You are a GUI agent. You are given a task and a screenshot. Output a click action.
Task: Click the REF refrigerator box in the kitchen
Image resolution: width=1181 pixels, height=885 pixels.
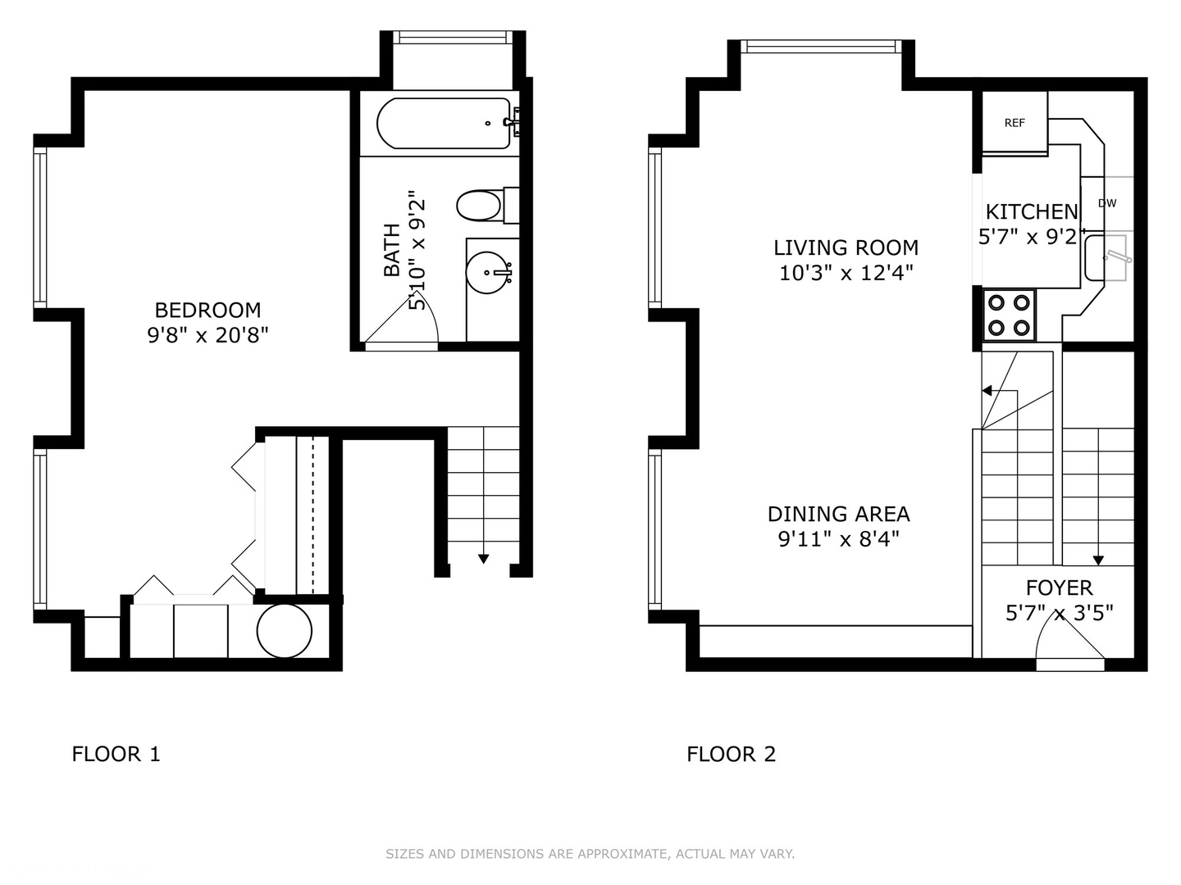click(x=1015, y=122)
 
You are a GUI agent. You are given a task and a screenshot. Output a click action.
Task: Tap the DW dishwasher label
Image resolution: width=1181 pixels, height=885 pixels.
click(x=1106, y=203)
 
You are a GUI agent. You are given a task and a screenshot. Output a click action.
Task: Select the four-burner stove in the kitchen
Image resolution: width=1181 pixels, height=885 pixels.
click(x=1009, y=315)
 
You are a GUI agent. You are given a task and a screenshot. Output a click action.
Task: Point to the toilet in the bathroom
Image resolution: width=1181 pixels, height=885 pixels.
click(x=480, y=206)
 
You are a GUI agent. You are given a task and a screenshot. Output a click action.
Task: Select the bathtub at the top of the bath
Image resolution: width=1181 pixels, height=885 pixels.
click(x=444, y=124)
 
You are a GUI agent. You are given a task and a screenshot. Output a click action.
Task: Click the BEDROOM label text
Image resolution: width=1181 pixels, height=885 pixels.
click(x=207, y=310)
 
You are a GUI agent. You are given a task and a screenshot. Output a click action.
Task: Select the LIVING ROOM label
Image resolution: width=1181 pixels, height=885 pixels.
click(x=846, y=247)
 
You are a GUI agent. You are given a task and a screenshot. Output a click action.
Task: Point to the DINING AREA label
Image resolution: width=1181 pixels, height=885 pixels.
click(x=838, y=514)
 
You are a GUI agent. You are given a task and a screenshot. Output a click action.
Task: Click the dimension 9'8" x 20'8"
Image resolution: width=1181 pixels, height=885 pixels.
click(x=207, y=334)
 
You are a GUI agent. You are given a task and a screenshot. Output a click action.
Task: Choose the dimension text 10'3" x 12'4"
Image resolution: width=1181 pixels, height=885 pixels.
click(x=846, y=272)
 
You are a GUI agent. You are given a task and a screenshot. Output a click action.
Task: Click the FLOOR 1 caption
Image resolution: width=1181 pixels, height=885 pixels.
click(x=116, y=754)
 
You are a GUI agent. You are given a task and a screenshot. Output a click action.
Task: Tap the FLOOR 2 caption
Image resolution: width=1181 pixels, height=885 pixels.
click(x=731, y=754)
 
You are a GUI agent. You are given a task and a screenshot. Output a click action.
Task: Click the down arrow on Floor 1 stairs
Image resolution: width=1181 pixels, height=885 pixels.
click(x=483, y=558)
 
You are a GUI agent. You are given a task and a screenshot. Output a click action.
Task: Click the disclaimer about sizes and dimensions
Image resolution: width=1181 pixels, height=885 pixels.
click(x=590, y=854)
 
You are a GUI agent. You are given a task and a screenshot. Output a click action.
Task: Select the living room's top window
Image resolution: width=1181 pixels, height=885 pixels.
click(x=821, y=47)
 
